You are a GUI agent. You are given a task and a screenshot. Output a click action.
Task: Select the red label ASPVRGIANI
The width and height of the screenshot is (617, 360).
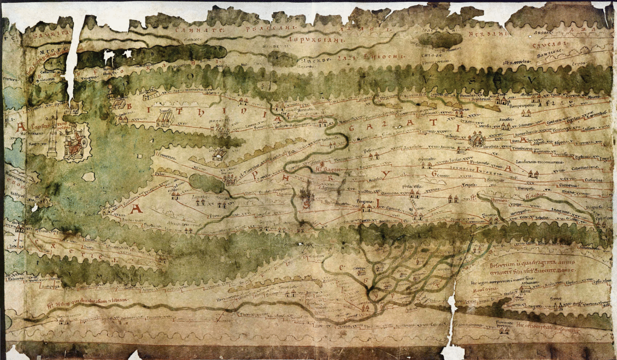(x=315, y=40)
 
